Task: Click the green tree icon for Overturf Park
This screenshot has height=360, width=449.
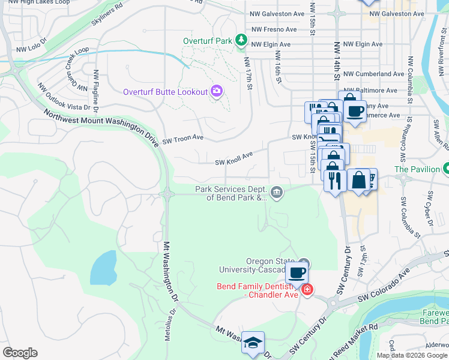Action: [241, 40]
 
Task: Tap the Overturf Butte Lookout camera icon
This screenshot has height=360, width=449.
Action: [217, 92]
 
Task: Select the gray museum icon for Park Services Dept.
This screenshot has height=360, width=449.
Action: [276, 192]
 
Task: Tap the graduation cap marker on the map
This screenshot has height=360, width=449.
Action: [253, 343]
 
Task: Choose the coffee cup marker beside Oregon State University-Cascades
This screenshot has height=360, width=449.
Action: [297, 273]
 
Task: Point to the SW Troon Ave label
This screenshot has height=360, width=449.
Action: [183, 138]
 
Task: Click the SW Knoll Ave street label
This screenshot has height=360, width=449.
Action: [234, 158]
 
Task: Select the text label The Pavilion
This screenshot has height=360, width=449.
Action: [417, 169]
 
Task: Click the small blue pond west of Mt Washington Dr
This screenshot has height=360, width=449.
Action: [104, 268]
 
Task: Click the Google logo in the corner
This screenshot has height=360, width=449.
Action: [20, 353]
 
